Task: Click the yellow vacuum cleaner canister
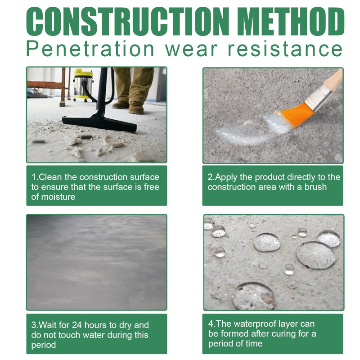point(83,83)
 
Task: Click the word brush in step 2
point(315,187)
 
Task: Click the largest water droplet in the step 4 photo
point(315,255)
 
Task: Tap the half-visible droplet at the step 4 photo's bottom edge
point(253,297)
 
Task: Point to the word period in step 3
point(44,345)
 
